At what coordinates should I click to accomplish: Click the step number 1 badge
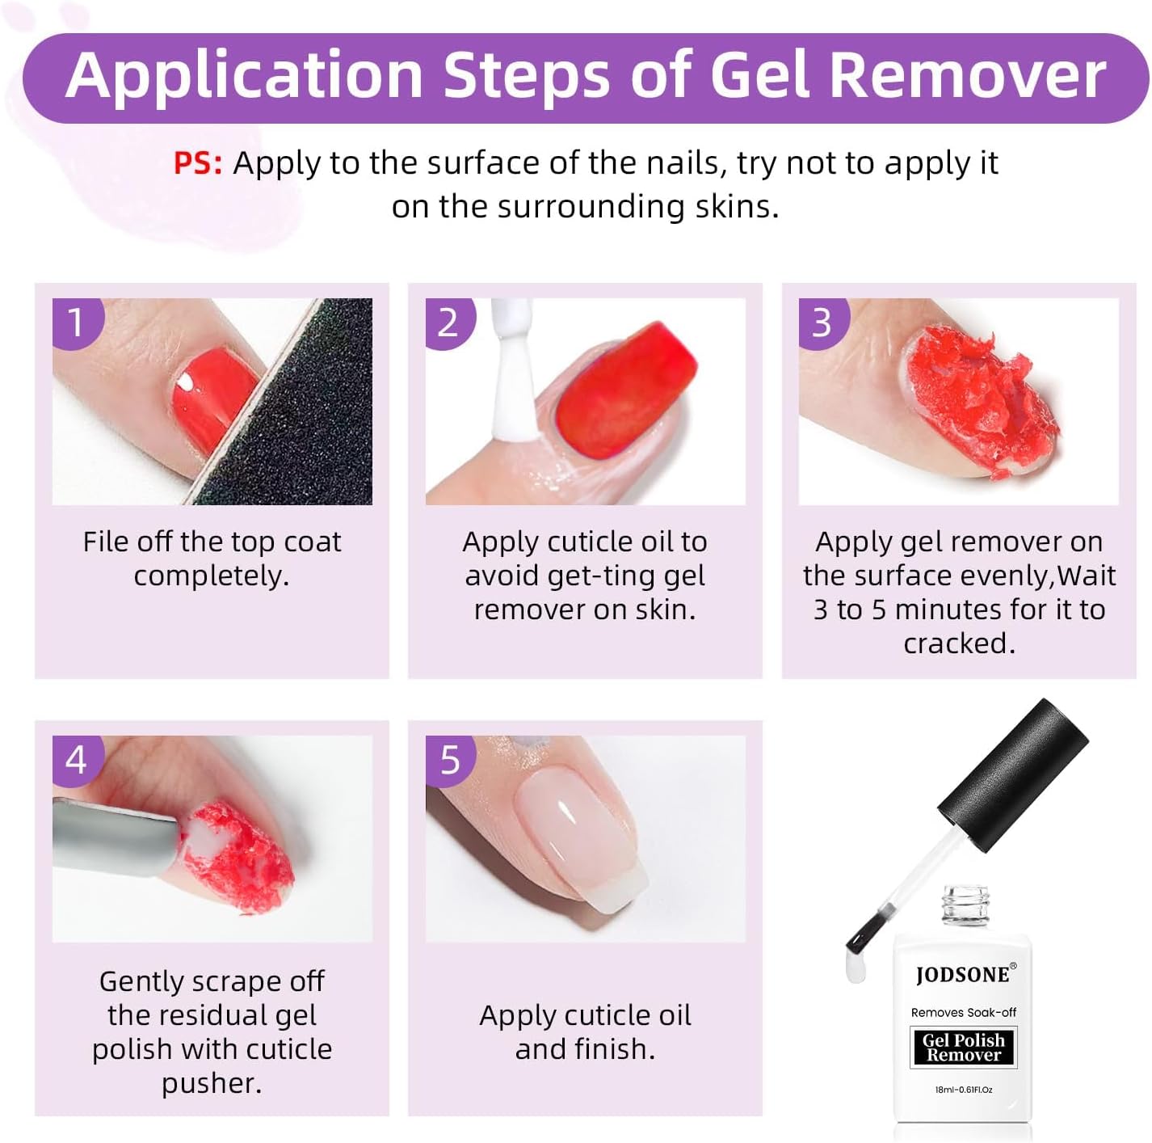coord(76,323)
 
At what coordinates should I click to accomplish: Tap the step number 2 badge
coord(448,323)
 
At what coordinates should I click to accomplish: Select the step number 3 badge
coord(822,323)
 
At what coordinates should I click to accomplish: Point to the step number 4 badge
coord(76,760)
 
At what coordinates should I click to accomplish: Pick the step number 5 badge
coord(449,760)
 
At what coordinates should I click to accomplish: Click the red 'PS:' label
coord(198,163)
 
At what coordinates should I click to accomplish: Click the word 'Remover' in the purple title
coord(967,75)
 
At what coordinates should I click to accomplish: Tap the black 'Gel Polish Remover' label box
coord(963,1048)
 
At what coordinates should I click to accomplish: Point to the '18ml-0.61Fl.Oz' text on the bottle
coord(963,1090)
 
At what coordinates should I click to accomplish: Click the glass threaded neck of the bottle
coord(964,907)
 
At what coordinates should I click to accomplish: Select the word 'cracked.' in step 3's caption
coord(959,643)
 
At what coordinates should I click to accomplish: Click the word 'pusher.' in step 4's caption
coord(212,1083)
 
